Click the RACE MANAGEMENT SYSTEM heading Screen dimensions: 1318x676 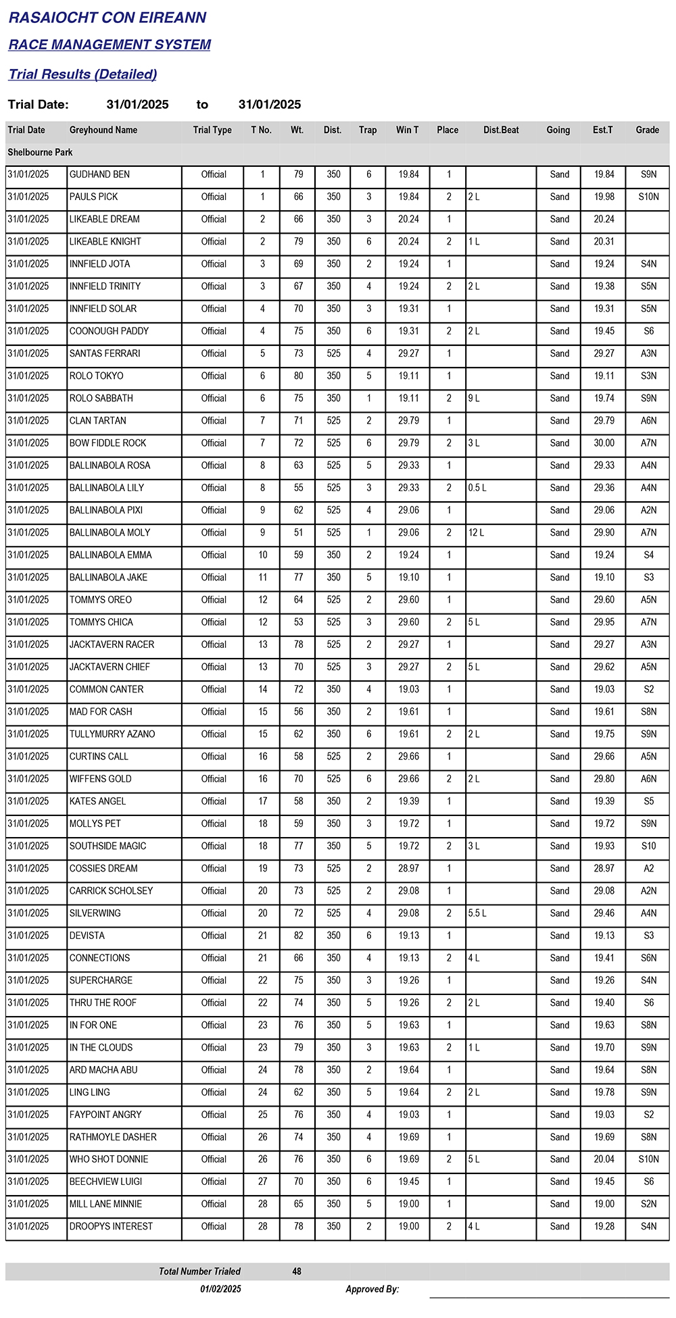(110, 45)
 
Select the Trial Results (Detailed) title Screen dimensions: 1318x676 (82, 74)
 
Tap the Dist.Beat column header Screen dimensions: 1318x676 (501, 130)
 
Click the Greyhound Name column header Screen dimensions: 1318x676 (103, 130)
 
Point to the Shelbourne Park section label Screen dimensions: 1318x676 (40, 152)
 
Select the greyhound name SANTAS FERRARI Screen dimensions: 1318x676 (105, 353)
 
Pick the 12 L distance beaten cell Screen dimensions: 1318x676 (476, 532)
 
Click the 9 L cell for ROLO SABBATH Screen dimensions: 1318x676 (474, 398)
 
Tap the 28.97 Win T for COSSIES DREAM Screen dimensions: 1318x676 (408, 868)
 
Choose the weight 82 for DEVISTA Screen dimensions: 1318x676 (298, 936)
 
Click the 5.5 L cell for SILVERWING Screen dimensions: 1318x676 (477, 913)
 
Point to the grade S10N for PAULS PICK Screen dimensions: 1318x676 (648, 197)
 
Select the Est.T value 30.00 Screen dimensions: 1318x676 (604, 443)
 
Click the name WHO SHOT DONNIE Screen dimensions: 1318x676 (109, 1159)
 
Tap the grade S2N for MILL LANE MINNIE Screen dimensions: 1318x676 (648, 1204)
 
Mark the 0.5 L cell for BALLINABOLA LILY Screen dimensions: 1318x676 (477, 488)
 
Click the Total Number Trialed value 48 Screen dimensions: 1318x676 (297, 1271)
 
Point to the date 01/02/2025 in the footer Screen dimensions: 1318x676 (220, 1289)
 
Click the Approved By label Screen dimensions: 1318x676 (372, 1289)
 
